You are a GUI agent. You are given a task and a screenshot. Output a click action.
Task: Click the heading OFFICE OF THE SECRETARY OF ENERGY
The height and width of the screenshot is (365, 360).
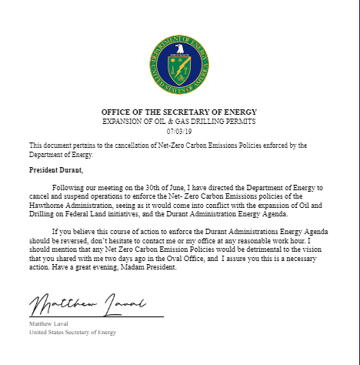(179, 112)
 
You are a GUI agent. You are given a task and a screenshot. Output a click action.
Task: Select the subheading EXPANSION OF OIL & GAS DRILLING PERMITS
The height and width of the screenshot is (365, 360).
(179, 122)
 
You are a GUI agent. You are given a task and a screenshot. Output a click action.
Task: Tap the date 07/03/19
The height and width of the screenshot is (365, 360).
(179, 132)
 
